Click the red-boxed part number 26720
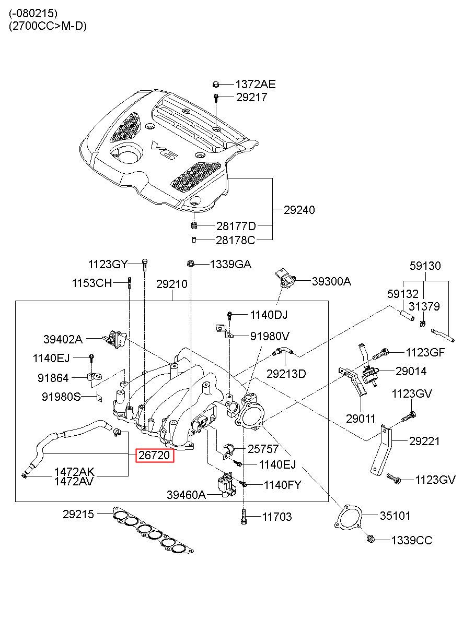[154, 456]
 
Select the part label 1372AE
[255, 85]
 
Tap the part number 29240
[299, 210]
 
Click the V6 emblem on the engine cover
[162, 148]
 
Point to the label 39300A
[331, 282]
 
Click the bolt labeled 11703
[244, 516]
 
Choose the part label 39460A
[186, 494]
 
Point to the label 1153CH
[92, 283]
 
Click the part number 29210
[171, 284]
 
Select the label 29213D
[286, 373]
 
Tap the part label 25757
[263, 448]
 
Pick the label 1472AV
[74, 481]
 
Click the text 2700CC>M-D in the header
[48, 26]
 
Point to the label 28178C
[236, 240]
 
